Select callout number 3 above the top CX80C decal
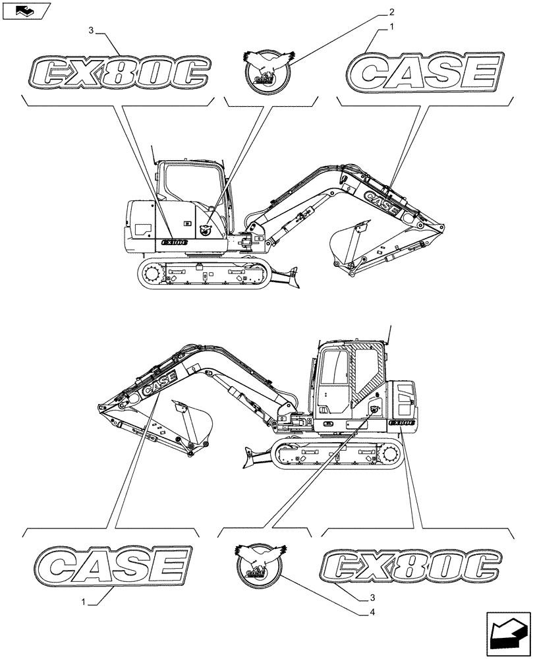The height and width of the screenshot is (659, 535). tap(91, 30)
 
